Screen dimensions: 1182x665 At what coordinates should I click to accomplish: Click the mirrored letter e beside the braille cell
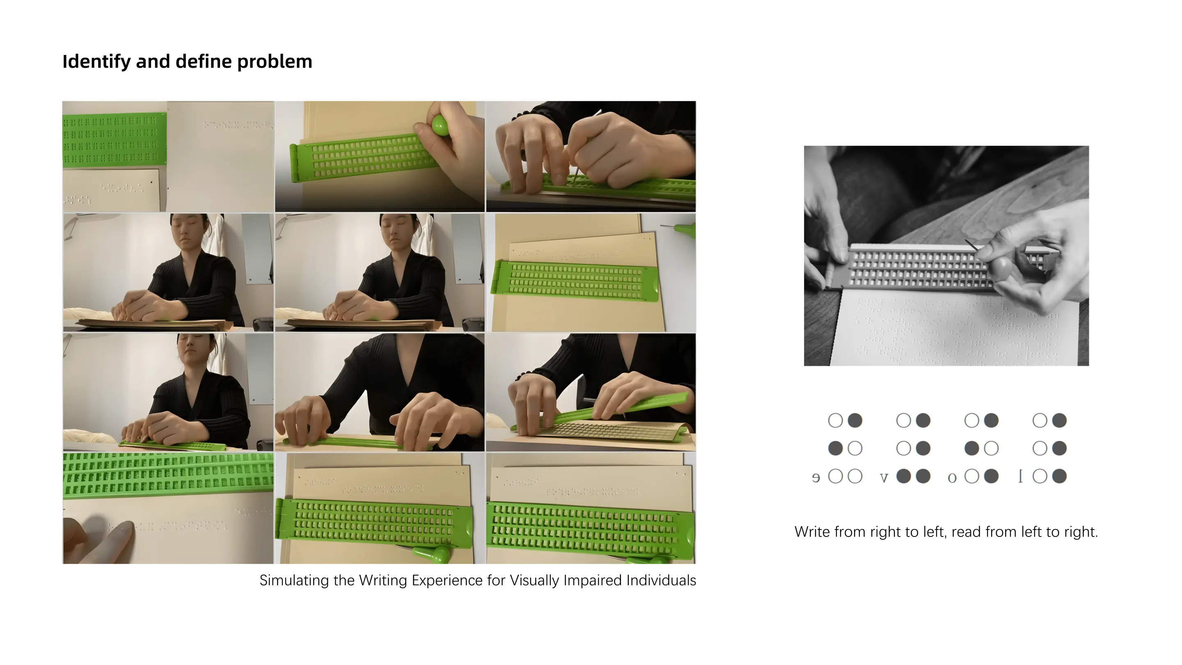pyautogui.click(x=816, y=478)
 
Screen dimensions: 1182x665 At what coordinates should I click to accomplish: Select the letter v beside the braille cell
pyautogui.click(x=884, y=478)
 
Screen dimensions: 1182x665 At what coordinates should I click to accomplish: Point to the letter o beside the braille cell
pyautogui.click(x=952, y=478)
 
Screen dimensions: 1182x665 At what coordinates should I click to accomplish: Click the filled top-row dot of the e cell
pyautogui.click(x=855, y=420)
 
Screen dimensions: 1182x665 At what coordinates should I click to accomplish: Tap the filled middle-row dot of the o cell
pyautogui.click(x=972, y=448)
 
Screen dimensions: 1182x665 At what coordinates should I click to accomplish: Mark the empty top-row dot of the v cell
pyautogui.click(x=903, y=420)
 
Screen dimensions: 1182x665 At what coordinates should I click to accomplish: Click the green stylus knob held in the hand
pyautogui.click(x=440, y=124)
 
